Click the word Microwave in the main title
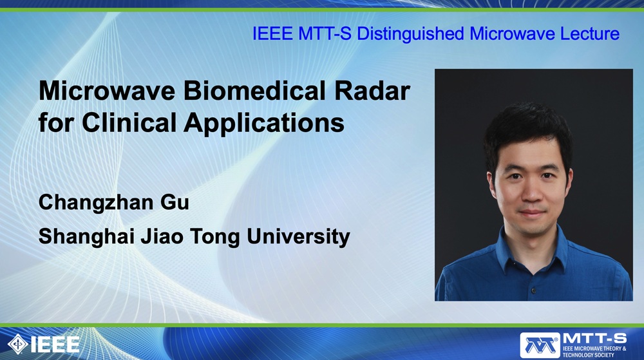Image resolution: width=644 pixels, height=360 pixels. pos(107,91)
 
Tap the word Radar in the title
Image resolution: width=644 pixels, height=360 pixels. pos(372,91)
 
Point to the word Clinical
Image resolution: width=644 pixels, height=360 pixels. pos(129,122)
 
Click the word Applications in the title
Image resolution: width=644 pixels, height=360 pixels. pos(264,123)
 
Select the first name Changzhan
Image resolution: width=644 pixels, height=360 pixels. pos(95,202)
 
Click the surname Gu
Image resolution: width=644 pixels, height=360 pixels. pos(175,202)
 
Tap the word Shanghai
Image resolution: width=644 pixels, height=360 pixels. pos(86,237)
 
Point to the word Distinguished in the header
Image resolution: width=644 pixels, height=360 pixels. pos(410,34)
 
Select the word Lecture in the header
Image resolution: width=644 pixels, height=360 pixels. pos(590,33)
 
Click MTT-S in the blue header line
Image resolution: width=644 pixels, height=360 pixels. pos(325,33)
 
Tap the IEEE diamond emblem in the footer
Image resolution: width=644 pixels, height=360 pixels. pos(17,344)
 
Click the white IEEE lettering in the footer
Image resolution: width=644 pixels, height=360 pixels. pos(55,345)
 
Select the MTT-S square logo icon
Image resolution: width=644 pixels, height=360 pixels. pos(540,345)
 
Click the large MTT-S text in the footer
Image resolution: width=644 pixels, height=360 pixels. pos(594,339)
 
